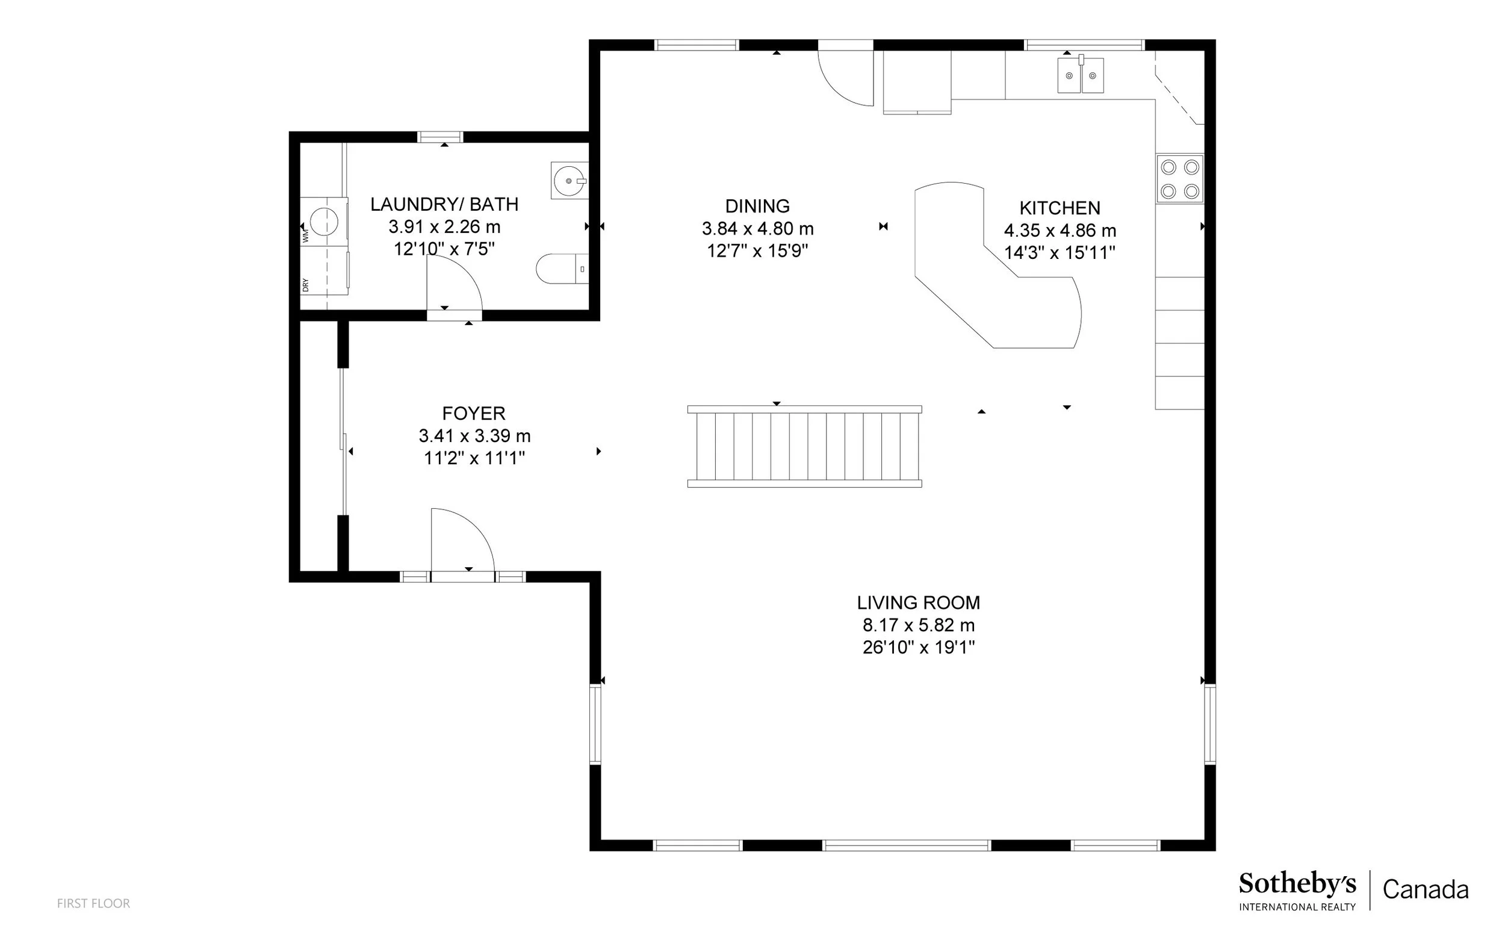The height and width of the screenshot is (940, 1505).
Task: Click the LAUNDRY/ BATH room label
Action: pos(444,204)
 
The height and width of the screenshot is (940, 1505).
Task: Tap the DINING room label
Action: pos(757,206)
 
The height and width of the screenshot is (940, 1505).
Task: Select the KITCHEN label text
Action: pos(1060,208)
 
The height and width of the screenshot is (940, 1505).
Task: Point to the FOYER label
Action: pos(474,414)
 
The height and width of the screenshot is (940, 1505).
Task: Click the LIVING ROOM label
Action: pos(919,602)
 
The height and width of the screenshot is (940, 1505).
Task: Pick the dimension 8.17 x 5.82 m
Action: pos(919,625)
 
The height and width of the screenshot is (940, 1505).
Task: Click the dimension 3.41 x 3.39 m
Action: pos(475,436)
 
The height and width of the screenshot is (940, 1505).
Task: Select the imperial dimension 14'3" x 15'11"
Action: pos(1060,252)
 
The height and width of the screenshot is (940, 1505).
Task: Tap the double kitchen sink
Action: pos(1081,75)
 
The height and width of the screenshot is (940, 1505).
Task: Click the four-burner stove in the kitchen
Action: pos(1180,178)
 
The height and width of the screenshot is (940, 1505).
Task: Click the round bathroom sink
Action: pos(569,181)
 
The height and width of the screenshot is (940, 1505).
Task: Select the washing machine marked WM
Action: pos(323,222)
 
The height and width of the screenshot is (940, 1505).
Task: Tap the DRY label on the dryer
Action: pos(305,285)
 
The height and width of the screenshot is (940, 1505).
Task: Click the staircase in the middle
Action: pos(805,446)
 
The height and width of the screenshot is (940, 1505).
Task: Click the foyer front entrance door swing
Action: pos(463,541)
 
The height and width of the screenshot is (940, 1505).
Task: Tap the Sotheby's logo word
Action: pos(1297,885)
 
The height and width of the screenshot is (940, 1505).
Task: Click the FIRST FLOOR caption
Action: pos(94,903)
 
